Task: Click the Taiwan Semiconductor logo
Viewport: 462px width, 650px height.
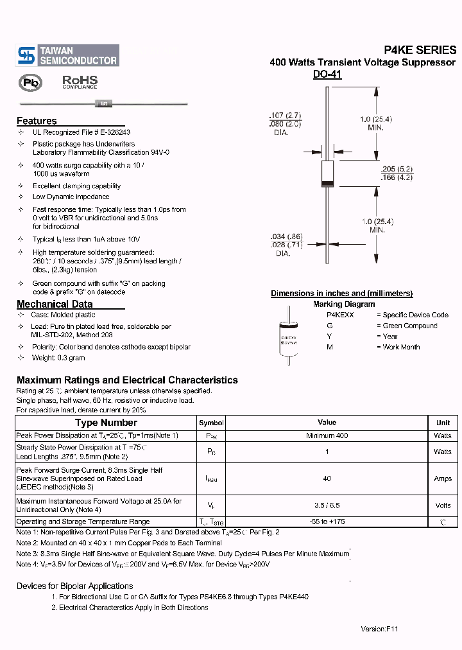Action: [x=67, y=55]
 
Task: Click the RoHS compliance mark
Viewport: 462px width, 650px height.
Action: [x=80, y=82]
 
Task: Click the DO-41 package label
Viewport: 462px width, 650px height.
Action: [x=327, y=75]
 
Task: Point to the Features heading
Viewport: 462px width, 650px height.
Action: [x=37, y=121]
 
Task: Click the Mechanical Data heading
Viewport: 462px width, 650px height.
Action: [x=55, y=304]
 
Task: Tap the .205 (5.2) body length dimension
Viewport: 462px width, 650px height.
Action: [x=397, y=169]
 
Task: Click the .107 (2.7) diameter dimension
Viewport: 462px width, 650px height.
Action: [x=285, y=116]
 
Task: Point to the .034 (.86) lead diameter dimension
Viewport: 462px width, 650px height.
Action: [x=285, y=236]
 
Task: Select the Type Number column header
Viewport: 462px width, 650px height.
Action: [x=106, y=423]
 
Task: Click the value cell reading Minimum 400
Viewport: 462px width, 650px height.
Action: [x=327, y=435]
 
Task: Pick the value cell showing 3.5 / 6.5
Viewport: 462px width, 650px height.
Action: [x=327, y=505]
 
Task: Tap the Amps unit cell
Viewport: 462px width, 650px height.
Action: [x=443, y=479]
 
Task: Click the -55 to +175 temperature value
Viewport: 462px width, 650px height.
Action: [x=327, y=522]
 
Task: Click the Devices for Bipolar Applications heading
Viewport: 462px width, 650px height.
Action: [x=74, y=586]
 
